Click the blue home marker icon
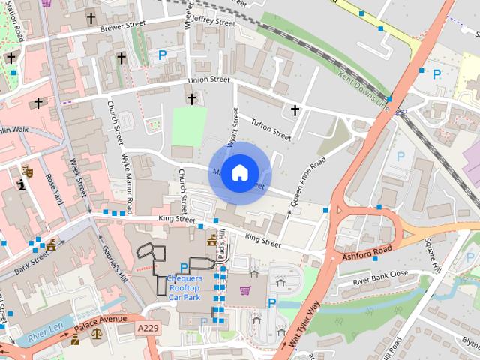point(238,173)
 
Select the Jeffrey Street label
point(213,20)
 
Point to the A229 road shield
point(148,328)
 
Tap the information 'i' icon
point(21,183)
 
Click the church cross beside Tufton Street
point(295,111)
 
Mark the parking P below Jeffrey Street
point(163,55)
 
